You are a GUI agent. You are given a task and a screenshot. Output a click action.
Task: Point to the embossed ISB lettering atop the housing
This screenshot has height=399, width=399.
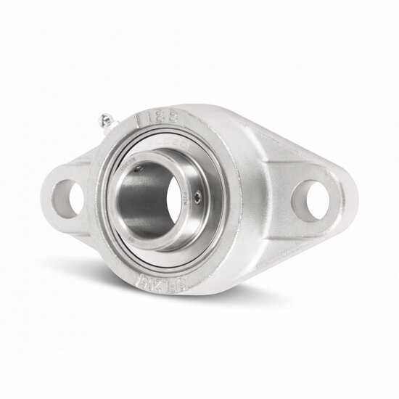click(166, 118)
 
